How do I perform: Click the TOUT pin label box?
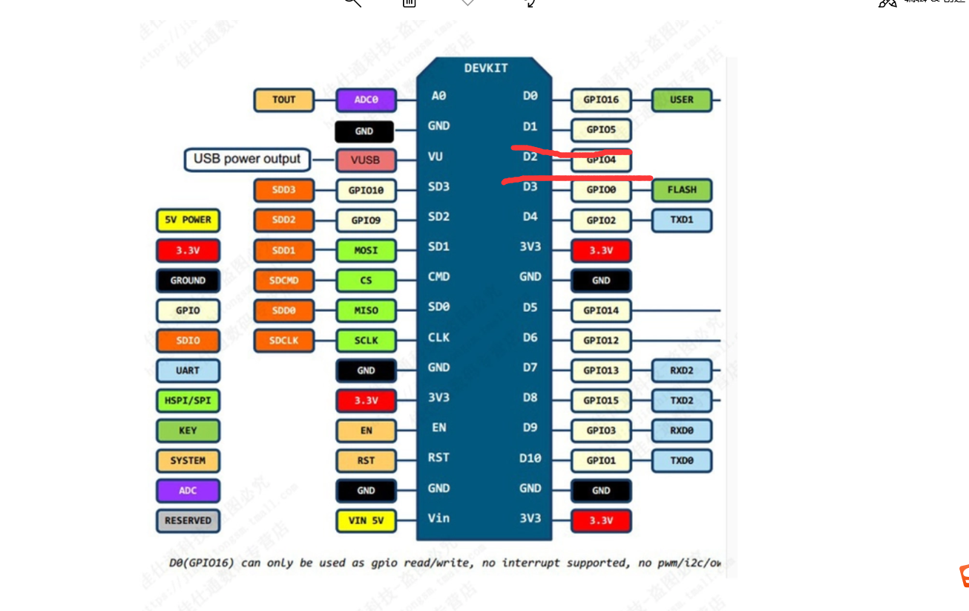click(x=283, y=99)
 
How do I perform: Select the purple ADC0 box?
click(x=366, y=99)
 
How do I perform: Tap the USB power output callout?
click(x=247, y=159)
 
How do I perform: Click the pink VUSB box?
click(x=366, y=160)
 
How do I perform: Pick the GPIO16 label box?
click(x=601, y=99)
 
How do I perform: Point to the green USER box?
click(x=682, y=99)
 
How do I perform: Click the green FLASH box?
click(x=682, y=189)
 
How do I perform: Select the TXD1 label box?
click(x=682, y=220)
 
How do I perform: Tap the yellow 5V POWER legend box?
click(x=188, y=220)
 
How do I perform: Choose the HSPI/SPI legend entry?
click(x=188, y=400)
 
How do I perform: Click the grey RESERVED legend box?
click(x=188, y=520)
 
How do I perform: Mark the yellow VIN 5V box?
click(x=366, y=520)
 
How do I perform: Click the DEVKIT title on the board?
click(x=486, y=68)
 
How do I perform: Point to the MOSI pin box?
click(x=366, y=250)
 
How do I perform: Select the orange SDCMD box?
click(x=283, y=281)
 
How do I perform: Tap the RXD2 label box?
click(x=682, y=370)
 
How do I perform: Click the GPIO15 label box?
click(x=601, y=400)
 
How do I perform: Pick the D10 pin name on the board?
click(x=530, y=458)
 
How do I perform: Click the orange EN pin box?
click(x=366, y=431)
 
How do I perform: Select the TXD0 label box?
click(x=682, y=460)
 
